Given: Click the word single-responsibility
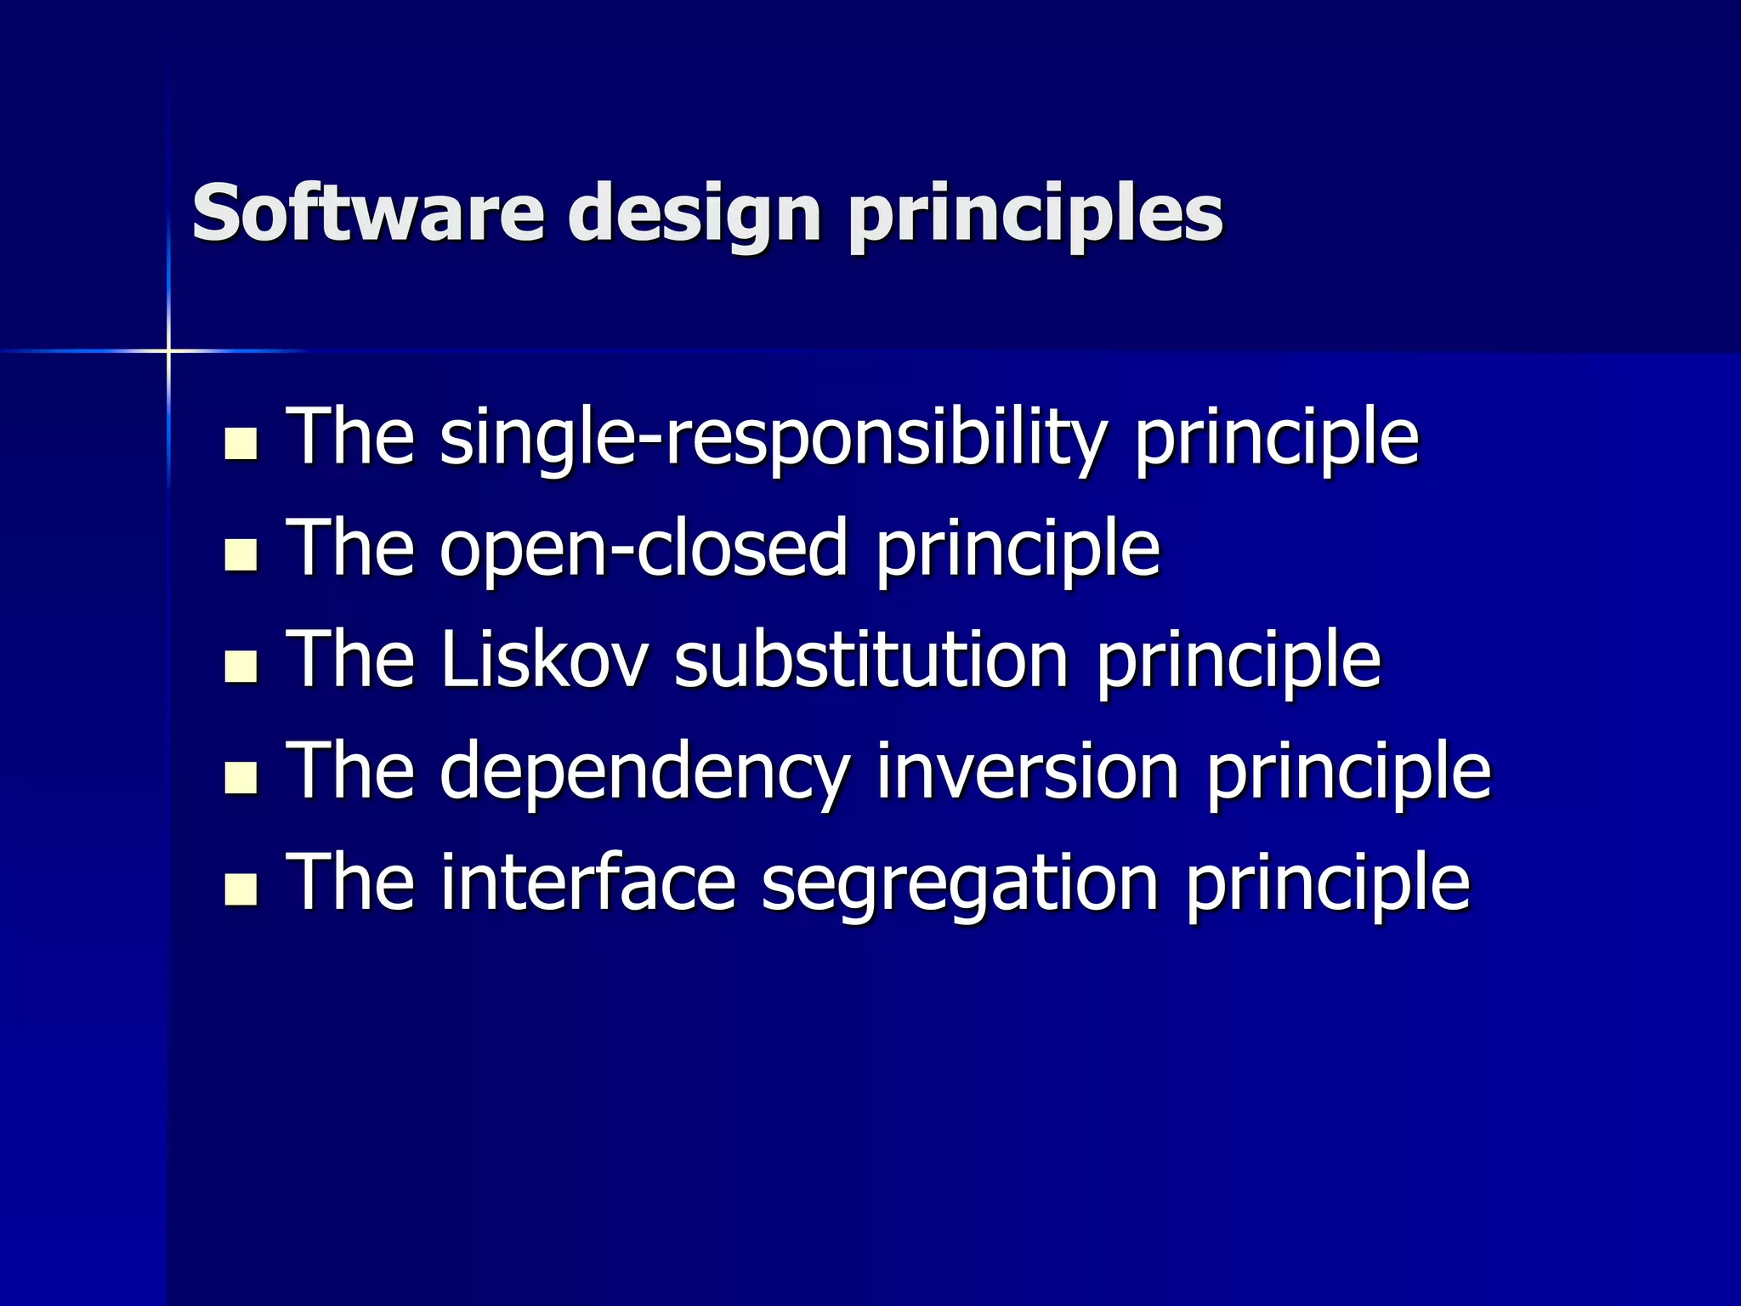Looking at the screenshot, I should [x=773, y=439].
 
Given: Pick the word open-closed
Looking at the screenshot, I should [x=644, y=550].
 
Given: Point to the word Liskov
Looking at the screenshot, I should [x=544, y=660].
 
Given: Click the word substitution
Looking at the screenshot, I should [x=871, y=660].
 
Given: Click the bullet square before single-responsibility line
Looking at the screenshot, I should [x=241, y=443].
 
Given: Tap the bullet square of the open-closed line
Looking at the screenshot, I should [x=241, y=554].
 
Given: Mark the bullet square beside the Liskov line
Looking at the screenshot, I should [x=241, y=666].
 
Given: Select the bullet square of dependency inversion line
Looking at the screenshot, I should [x=241, y=777].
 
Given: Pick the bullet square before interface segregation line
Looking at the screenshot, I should [x=241, y=889].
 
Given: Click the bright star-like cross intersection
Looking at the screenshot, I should [x=168, y=350].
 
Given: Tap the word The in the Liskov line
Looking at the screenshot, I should [x=350, y=660].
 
